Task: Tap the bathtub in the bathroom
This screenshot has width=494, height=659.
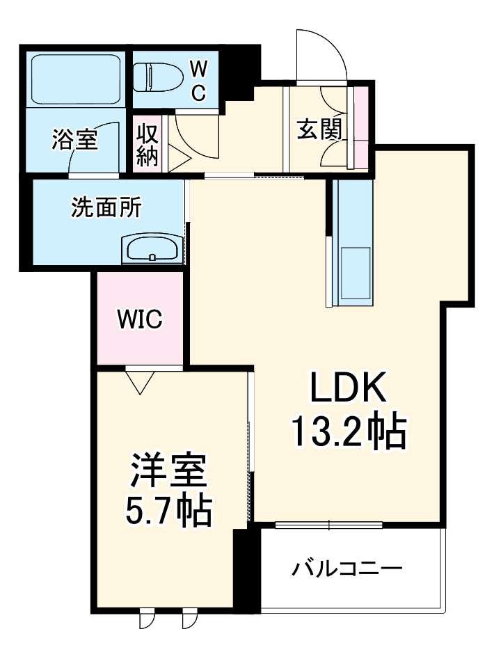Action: tap(76, 78)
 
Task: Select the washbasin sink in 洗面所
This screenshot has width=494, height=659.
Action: tap(152, 249)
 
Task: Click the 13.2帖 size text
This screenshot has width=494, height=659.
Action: tap(348, 433)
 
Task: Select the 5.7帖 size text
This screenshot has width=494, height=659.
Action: tap(168, 511)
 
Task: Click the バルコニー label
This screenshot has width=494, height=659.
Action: tap(346, 570)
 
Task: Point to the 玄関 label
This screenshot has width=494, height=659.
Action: tap(319, 129)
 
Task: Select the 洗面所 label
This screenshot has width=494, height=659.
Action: tap(106, 207)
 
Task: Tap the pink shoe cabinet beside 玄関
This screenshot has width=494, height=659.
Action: tap(361, 127)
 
